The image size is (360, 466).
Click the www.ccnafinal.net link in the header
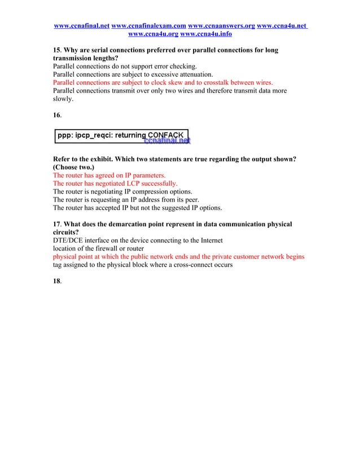point(81,26)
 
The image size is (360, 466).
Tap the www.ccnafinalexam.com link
point(148,26)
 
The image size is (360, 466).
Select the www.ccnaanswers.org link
point(221,26)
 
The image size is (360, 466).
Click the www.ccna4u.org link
point(153,34)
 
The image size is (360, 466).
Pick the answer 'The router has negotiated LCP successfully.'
point(115,183)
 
